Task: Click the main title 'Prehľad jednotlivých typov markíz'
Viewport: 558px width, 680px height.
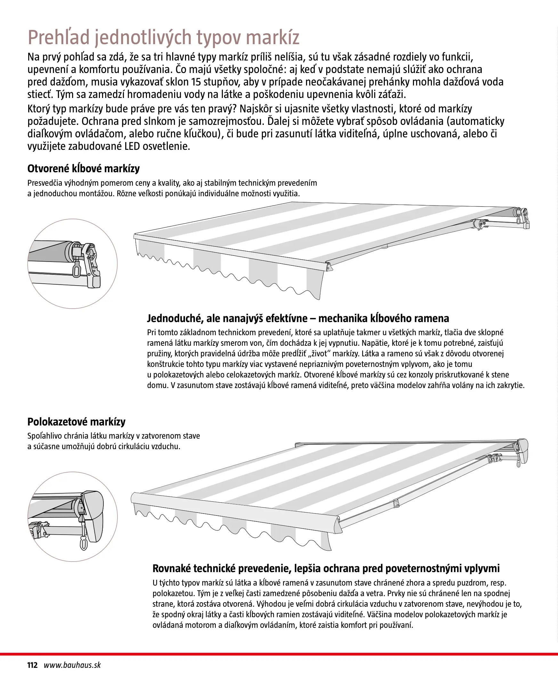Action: coord(164,37)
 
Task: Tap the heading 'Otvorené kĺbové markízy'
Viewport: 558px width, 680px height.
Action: coord(84,169)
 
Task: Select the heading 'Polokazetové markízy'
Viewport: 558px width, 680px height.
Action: coord(77,422)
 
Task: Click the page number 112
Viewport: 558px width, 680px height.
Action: coord(32,665)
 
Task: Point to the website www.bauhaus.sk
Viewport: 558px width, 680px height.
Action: coord(72,665)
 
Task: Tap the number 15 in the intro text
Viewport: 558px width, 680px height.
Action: coord(196,82)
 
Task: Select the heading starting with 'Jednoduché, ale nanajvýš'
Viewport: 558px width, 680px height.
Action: coord(298,319)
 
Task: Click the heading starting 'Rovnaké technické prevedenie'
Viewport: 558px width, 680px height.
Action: coord(326,569)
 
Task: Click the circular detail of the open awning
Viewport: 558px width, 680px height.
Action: coord(73,264)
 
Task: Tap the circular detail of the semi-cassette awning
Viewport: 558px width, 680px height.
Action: coord(73,516)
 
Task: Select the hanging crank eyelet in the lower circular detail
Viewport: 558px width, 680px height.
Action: coord(84,544)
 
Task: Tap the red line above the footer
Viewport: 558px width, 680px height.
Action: coord(279,654)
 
